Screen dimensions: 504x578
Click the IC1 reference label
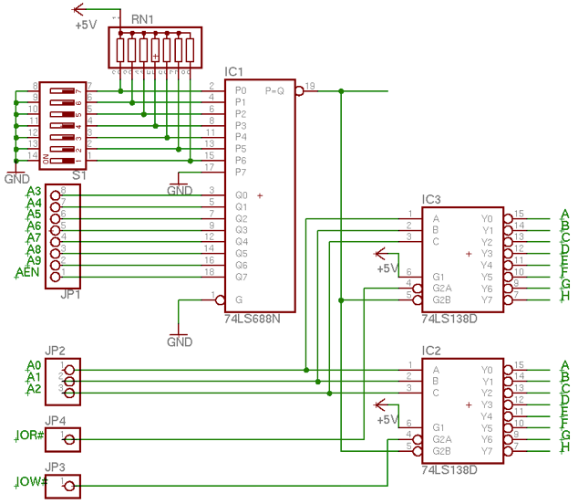click(x=234, y=72)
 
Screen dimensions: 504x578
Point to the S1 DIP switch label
click(x=80, y=174)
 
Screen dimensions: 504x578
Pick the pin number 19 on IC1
click(x=310, y=86)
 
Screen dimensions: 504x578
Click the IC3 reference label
click(x=431, y=199)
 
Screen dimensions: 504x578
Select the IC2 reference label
click(x=431, y=351)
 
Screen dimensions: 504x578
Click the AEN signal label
click(x=26, y=272)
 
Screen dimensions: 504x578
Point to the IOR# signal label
click(x=30, y=435)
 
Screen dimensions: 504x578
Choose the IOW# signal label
click(x=30, y=481)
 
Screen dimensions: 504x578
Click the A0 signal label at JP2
click(x=34, y=366)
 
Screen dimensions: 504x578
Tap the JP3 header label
click(x=57, y=467)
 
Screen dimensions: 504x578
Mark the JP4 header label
click(x=57, y=420)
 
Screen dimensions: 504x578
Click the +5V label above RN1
click(x=86, y=26)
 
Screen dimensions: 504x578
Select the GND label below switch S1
click(x=17, y=179)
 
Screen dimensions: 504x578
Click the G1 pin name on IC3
click(x=439, y=277)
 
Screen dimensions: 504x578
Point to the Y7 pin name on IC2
click(x=487, y=451)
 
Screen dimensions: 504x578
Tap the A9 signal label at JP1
click(x=33, y=260)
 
